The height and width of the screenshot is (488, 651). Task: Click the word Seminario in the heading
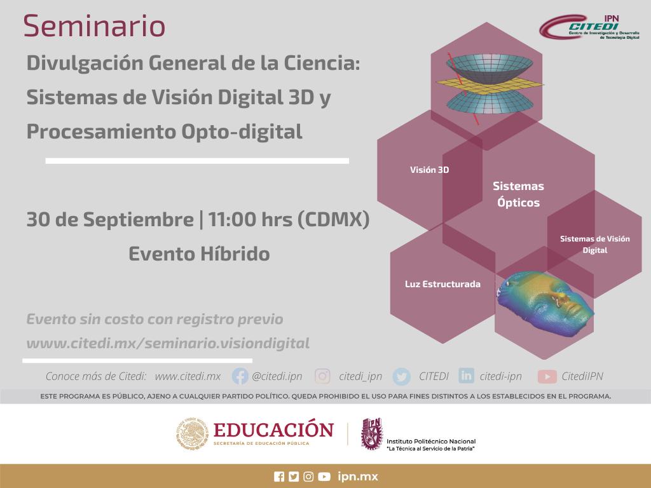point(94,25)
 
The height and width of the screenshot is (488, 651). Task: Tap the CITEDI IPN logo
point(589,27)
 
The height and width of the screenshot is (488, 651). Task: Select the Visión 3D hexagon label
point(429,170)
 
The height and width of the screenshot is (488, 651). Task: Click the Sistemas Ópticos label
point(518,194)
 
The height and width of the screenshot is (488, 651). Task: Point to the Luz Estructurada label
point(442,284)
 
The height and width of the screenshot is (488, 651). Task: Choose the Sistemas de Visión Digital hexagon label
point(594,245)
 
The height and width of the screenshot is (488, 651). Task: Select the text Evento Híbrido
point(199,254)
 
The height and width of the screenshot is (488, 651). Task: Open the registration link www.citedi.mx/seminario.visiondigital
point(168,343)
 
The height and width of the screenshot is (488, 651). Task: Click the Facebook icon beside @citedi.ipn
point(240,376)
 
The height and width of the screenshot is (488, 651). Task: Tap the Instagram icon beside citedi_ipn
point(322,376)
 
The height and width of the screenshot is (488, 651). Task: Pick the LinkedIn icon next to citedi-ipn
point(466,376)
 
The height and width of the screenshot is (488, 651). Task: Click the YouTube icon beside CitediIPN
point(547,377)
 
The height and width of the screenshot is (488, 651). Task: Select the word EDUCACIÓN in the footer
point(273,430)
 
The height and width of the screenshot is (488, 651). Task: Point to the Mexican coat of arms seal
point(192,433)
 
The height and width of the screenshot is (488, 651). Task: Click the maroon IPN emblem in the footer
point(372,434)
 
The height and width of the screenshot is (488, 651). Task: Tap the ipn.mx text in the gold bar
point(358,477)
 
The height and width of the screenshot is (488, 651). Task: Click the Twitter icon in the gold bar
point(294,477)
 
